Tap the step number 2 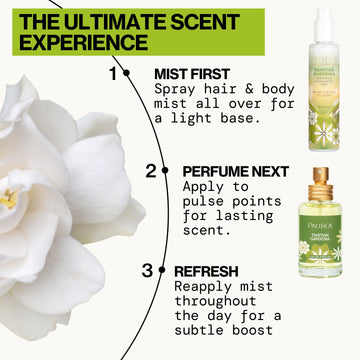coord(150,170)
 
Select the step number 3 coord(147,269)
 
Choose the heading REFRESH coord(205,270)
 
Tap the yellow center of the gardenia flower coord(7,199)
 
